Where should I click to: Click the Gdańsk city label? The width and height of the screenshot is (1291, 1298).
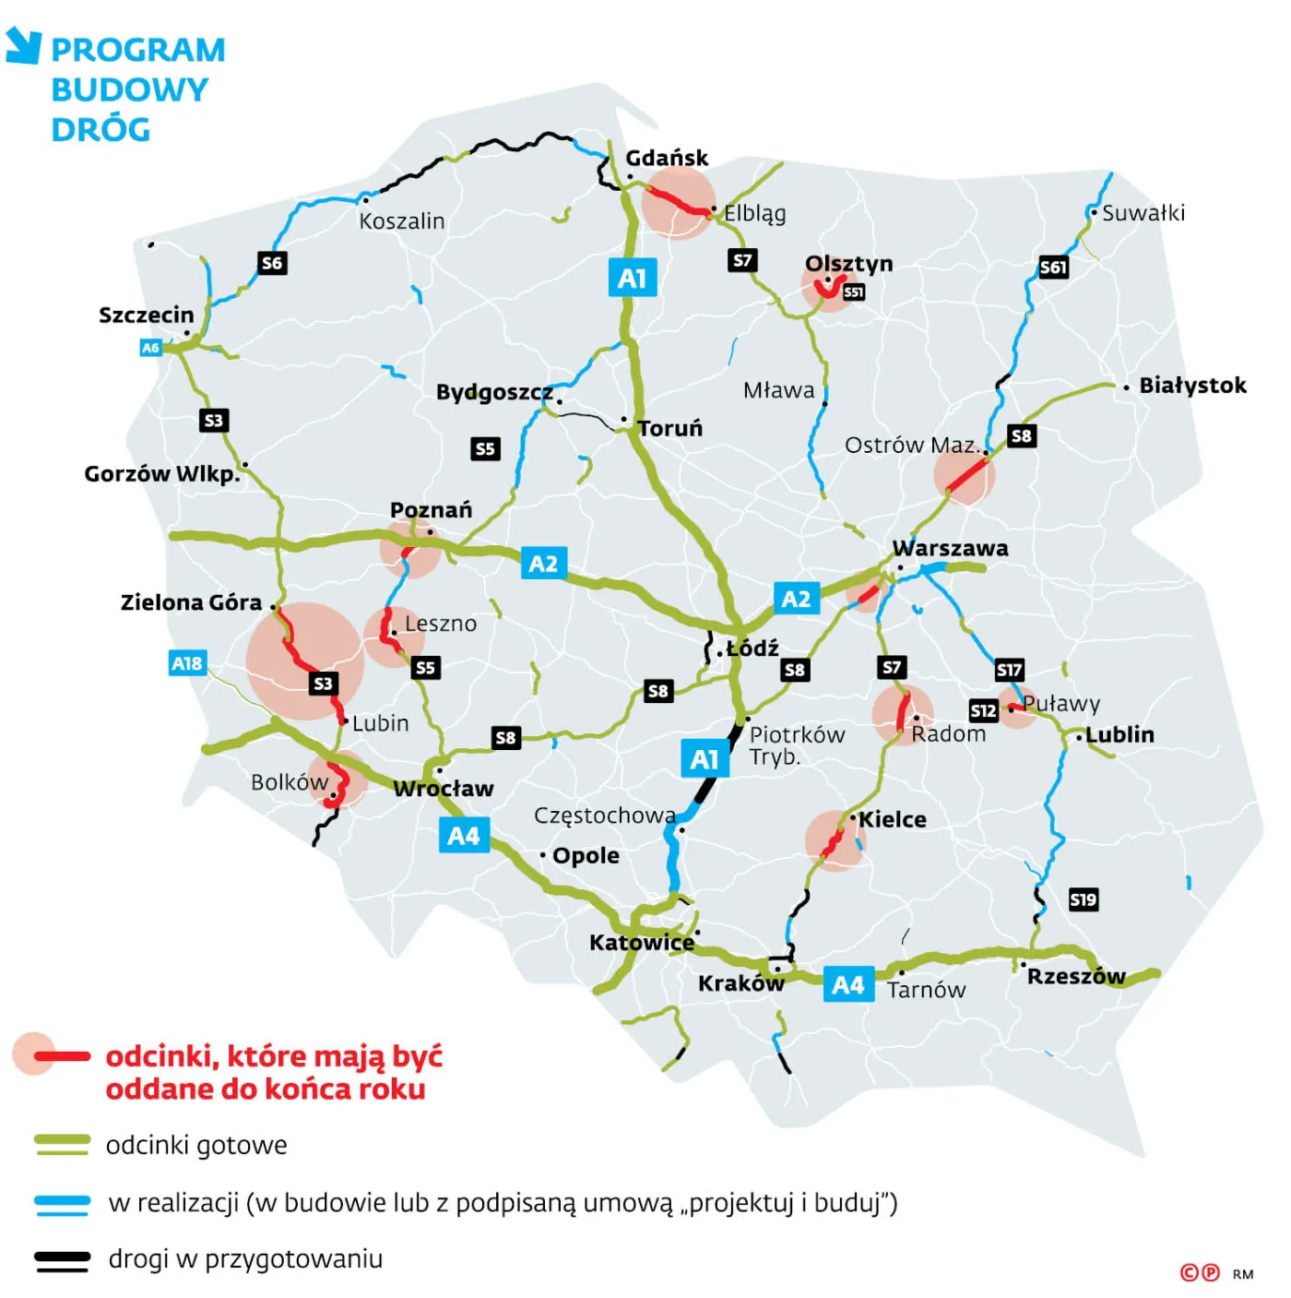tap(667, 158)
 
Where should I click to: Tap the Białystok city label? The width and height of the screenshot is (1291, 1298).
tap(1192, 385)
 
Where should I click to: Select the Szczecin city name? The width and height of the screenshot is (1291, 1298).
tap(147, 315)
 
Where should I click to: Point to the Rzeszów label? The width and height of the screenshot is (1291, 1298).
tap(1076, 976)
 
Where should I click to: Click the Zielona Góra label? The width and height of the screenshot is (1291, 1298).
tap(191, 602)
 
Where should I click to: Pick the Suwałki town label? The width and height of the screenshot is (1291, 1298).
tap(1143, 213)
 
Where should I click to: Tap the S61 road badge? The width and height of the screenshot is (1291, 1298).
tap(1053, 268)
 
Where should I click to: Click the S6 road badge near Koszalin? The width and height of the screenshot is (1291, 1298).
tap(272, 263)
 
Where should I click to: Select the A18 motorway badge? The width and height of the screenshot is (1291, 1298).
tap(187, 663)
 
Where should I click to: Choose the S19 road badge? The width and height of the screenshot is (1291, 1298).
tap(1084, 899)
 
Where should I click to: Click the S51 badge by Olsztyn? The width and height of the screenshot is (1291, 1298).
tap(854, 292)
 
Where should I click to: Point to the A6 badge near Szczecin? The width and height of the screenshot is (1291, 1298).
tap(150, 348)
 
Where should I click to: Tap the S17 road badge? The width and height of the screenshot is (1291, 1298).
tap(1009, 670)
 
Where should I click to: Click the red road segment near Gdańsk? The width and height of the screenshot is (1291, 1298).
tap(678, 202)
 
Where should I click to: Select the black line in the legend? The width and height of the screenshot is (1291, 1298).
tap(62, 1260)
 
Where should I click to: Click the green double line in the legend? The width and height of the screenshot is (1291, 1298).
tap(62, 1145)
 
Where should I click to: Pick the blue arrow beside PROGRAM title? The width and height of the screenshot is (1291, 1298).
tap(24, 45)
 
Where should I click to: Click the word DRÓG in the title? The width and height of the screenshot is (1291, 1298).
tap(101, 130)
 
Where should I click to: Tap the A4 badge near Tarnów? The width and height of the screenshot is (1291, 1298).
tap(848, 985)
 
